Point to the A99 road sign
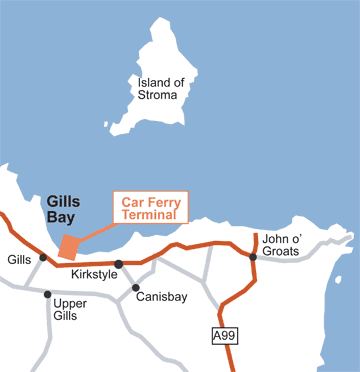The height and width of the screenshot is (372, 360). pyautogui.click(x=225, y=336)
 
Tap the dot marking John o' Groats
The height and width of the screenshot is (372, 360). pyautogui.click(x=254, y=257)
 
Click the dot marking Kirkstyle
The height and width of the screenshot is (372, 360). pyautogui.click(x=118, y=264)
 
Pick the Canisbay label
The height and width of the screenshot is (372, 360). pyautogui.click(x=163, y=295)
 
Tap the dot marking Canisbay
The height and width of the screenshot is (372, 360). pyautogui.click(x=136, y=288)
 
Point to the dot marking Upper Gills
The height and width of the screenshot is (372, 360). pyautogui.click(x=47, y=294)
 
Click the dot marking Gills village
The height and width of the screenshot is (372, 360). pyautogui.click(x=43, y=257)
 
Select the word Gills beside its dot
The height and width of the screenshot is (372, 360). pyautogui.click(x=19, y=258)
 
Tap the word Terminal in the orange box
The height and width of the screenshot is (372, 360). pyautogui.click(x=149, y=213)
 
